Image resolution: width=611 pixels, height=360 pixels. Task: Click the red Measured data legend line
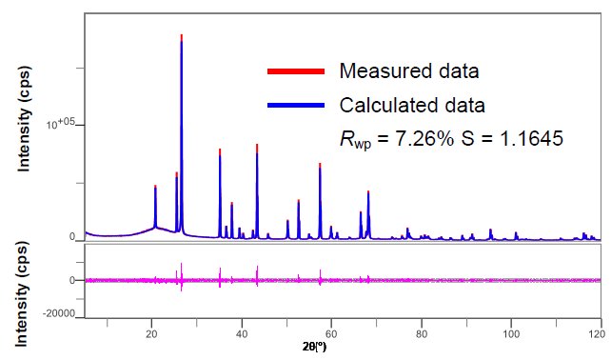pos(297,71)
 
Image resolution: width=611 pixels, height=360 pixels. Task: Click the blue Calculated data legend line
pos(297,104)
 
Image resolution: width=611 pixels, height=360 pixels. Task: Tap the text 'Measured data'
pos(408,71)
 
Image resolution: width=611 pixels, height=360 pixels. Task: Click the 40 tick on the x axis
pos(242,334)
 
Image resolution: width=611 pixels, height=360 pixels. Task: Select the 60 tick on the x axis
pos(331,334)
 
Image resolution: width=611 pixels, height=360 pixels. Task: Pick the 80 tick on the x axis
pos(421,334)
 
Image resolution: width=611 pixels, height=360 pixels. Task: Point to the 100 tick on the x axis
pos(510,334)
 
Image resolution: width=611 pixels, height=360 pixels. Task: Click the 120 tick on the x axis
pos(597,334)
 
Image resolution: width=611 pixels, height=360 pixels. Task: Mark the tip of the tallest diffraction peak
pos(182,35)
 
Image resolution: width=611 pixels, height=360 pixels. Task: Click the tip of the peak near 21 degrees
pos(155,187)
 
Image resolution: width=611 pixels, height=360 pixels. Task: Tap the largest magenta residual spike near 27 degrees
pos(182,264)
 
